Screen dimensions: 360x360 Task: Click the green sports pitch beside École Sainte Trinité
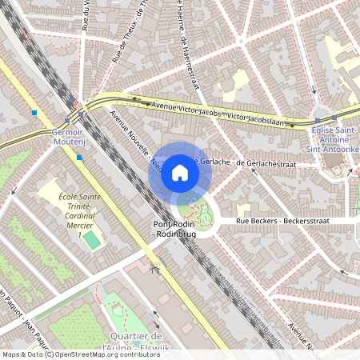coord(93,239)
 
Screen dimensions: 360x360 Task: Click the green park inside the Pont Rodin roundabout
coord(195,211)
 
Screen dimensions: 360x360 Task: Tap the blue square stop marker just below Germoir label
coord(79,158)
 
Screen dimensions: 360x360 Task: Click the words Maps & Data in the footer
coord(22,354)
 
